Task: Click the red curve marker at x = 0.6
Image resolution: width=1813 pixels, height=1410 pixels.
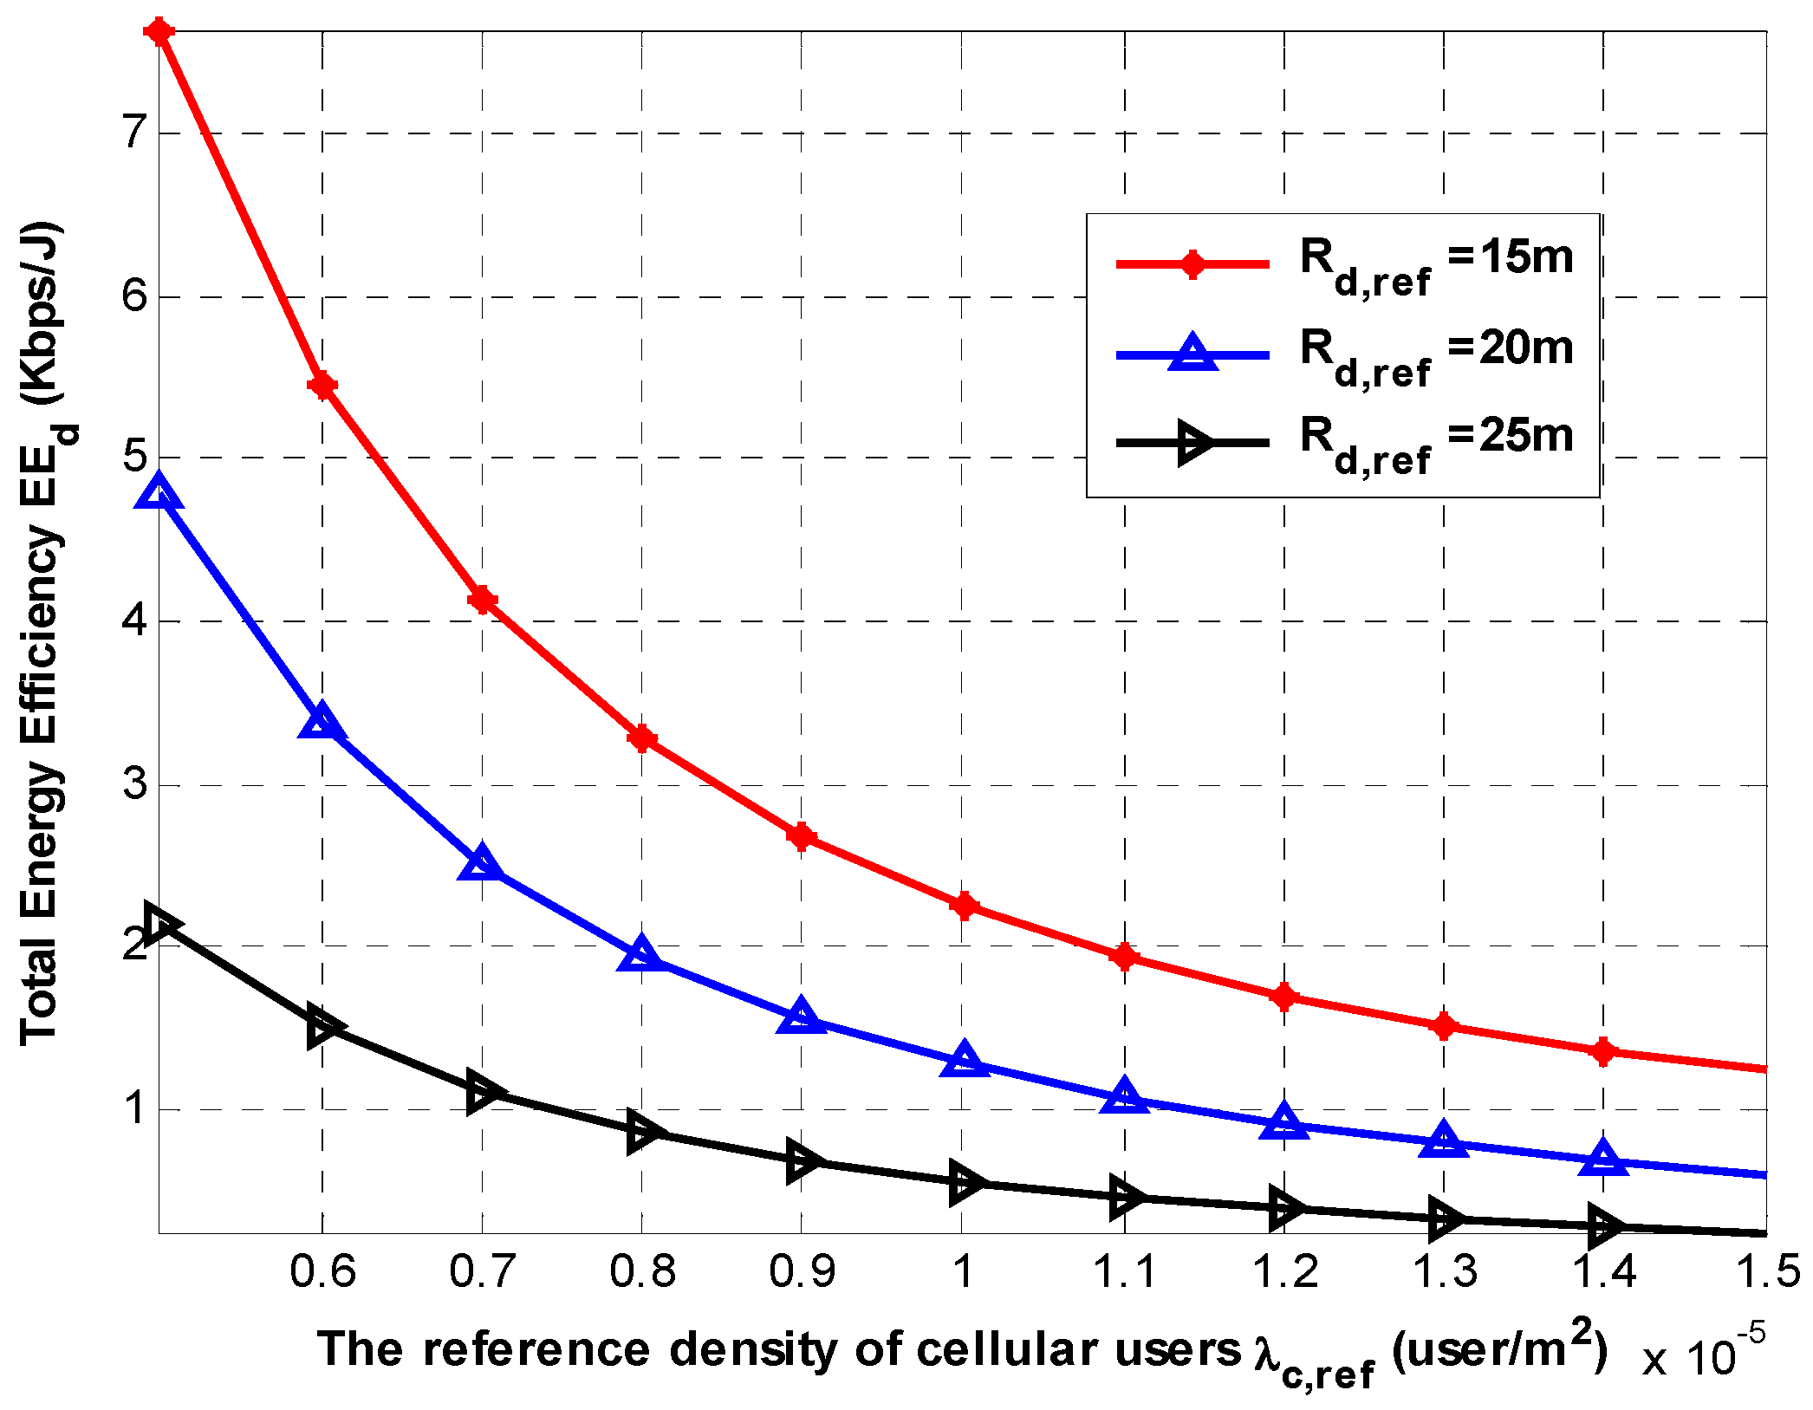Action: (x=322, y=386)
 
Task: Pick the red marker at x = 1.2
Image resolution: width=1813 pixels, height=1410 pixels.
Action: (x=1284, y=997)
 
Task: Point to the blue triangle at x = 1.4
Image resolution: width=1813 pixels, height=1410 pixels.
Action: (x=1603, y=1160)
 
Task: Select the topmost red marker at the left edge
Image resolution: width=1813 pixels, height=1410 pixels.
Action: (x=160, y=32)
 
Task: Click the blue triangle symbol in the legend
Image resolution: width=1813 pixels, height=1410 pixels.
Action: (x=1193, y=354)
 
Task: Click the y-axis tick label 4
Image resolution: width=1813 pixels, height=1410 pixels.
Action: (x=135, y=621)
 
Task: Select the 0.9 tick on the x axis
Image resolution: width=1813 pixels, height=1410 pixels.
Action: (x=802, y=1271)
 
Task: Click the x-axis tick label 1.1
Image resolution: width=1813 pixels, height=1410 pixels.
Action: (x=1124, y=1271)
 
